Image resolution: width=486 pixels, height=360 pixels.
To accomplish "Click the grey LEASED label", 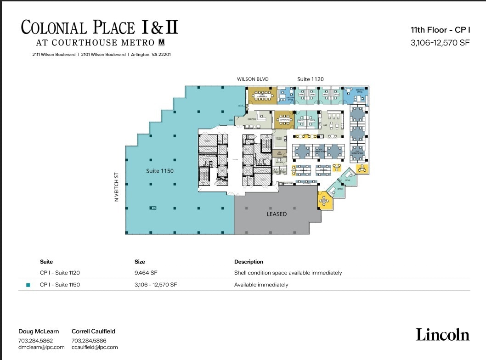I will (x=277, y=214).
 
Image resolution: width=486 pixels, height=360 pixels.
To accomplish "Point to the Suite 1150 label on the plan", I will (x=160, y=171).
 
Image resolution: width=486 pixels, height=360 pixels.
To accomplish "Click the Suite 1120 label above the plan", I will (x=310, y=79).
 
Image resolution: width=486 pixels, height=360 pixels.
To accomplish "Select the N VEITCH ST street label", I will (x=117, y=187).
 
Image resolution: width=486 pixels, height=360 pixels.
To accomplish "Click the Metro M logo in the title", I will (x=161, y=42).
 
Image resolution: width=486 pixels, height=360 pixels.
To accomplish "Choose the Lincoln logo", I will (x=442, y=335).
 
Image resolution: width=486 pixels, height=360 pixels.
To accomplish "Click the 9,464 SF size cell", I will (x=146, y=273).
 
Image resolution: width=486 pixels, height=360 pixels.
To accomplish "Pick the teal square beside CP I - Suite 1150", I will (x=28, y=285).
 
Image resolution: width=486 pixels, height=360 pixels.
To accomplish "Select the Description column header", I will (x=249, y=262).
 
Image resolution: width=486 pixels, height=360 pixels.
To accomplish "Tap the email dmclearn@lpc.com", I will (x=41, y=348).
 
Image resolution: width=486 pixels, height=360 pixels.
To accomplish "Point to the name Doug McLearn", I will (x=39, y=331).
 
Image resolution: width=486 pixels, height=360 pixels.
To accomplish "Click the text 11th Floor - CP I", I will (x=440, y=30).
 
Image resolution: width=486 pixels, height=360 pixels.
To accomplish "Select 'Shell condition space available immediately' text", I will (x=288, y=273).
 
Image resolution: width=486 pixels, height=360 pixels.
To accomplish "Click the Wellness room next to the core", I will (x=279, y=162).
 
